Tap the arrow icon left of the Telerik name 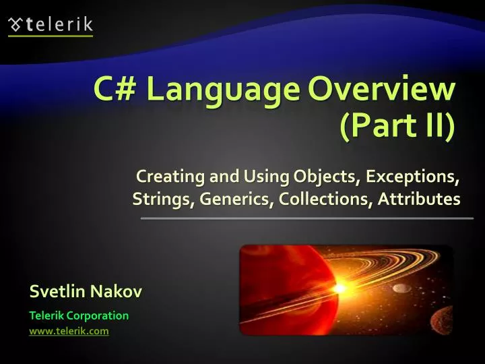(15, 25)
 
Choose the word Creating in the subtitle (164, 177)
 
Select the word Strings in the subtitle (157, 200)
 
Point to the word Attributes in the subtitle (419, 200)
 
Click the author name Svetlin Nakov (86, 292)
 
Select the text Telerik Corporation (79, 315)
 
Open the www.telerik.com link (69, 331)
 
